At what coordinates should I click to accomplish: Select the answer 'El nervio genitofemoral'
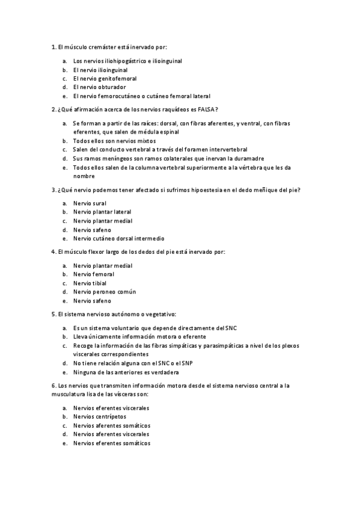coord(105,78)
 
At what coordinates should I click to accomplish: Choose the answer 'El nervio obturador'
coord(99,87)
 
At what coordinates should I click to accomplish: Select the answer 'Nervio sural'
coord(90,203)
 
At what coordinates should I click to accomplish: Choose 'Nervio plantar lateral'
coord(102,212)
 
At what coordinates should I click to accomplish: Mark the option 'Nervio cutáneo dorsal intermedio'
coord(118,238)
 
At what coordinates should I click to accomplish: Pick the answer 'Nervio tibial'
coord(90,283)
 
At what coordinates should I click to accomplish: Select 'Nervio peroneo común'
coord(105,292)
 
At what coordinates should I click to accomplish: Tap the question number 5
coord(55,315)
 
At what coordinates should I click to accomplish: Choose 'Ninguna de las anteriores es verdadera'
coord(126,372)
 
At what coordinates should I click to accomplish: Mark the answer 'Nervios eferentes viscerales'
coord(111,408)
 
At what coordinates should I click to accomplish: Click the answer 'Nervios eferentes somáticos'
coord(111,443)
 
